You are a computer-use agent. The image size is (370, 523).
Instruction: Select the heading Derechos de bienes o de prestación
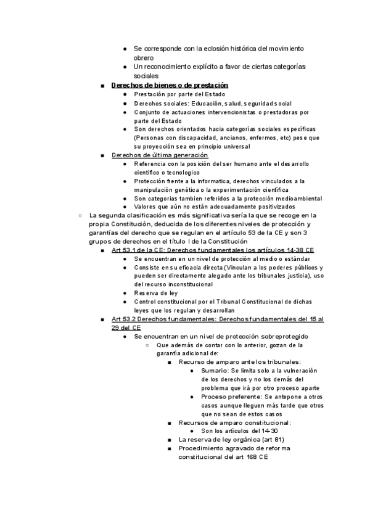[170, 85]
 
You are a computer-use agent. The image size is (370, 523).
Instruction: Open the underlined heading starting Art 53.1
[213, 251]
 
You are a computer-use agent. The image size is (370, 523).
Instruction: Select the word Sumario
[215, 370]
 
